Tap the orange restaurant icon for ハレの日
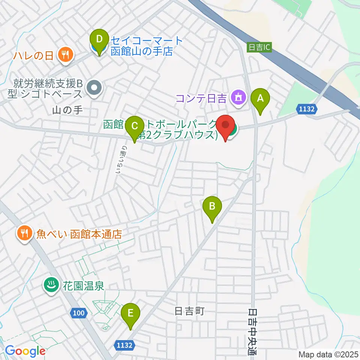[66, 55]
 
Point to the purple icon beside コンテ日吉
[238, 98]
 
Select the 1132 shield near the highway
[308, 109]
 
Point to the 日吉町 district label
[189, 311]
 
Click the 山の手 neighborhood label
[67, 110]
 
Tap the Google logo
[25, 351]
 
